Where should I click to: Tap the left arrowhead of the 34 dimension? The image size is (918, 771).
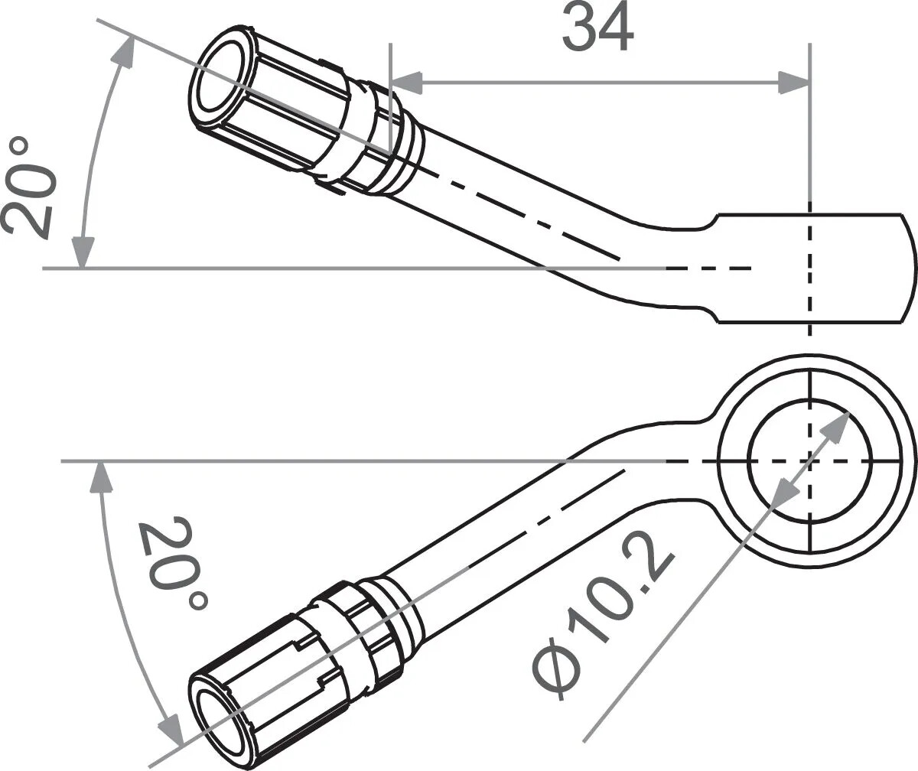(405, 82)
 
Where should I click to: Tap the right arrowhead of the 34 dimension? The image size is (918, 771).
(794, 82)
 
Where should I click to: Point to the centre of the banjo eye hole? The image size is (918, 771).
(809, 461)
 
